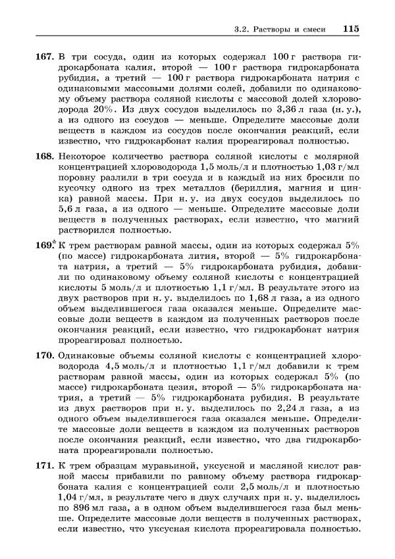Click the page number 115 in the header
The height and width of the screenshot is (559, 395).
coord(350,29)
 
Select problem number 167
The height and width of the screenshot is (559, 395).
coord(43,57)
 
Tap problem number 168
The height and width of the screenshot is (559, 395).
coord(43,155)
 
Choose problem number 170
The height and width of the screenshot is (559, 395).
coord(43,355)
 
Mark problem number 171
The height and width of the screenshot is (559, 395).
coord(43,466)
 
